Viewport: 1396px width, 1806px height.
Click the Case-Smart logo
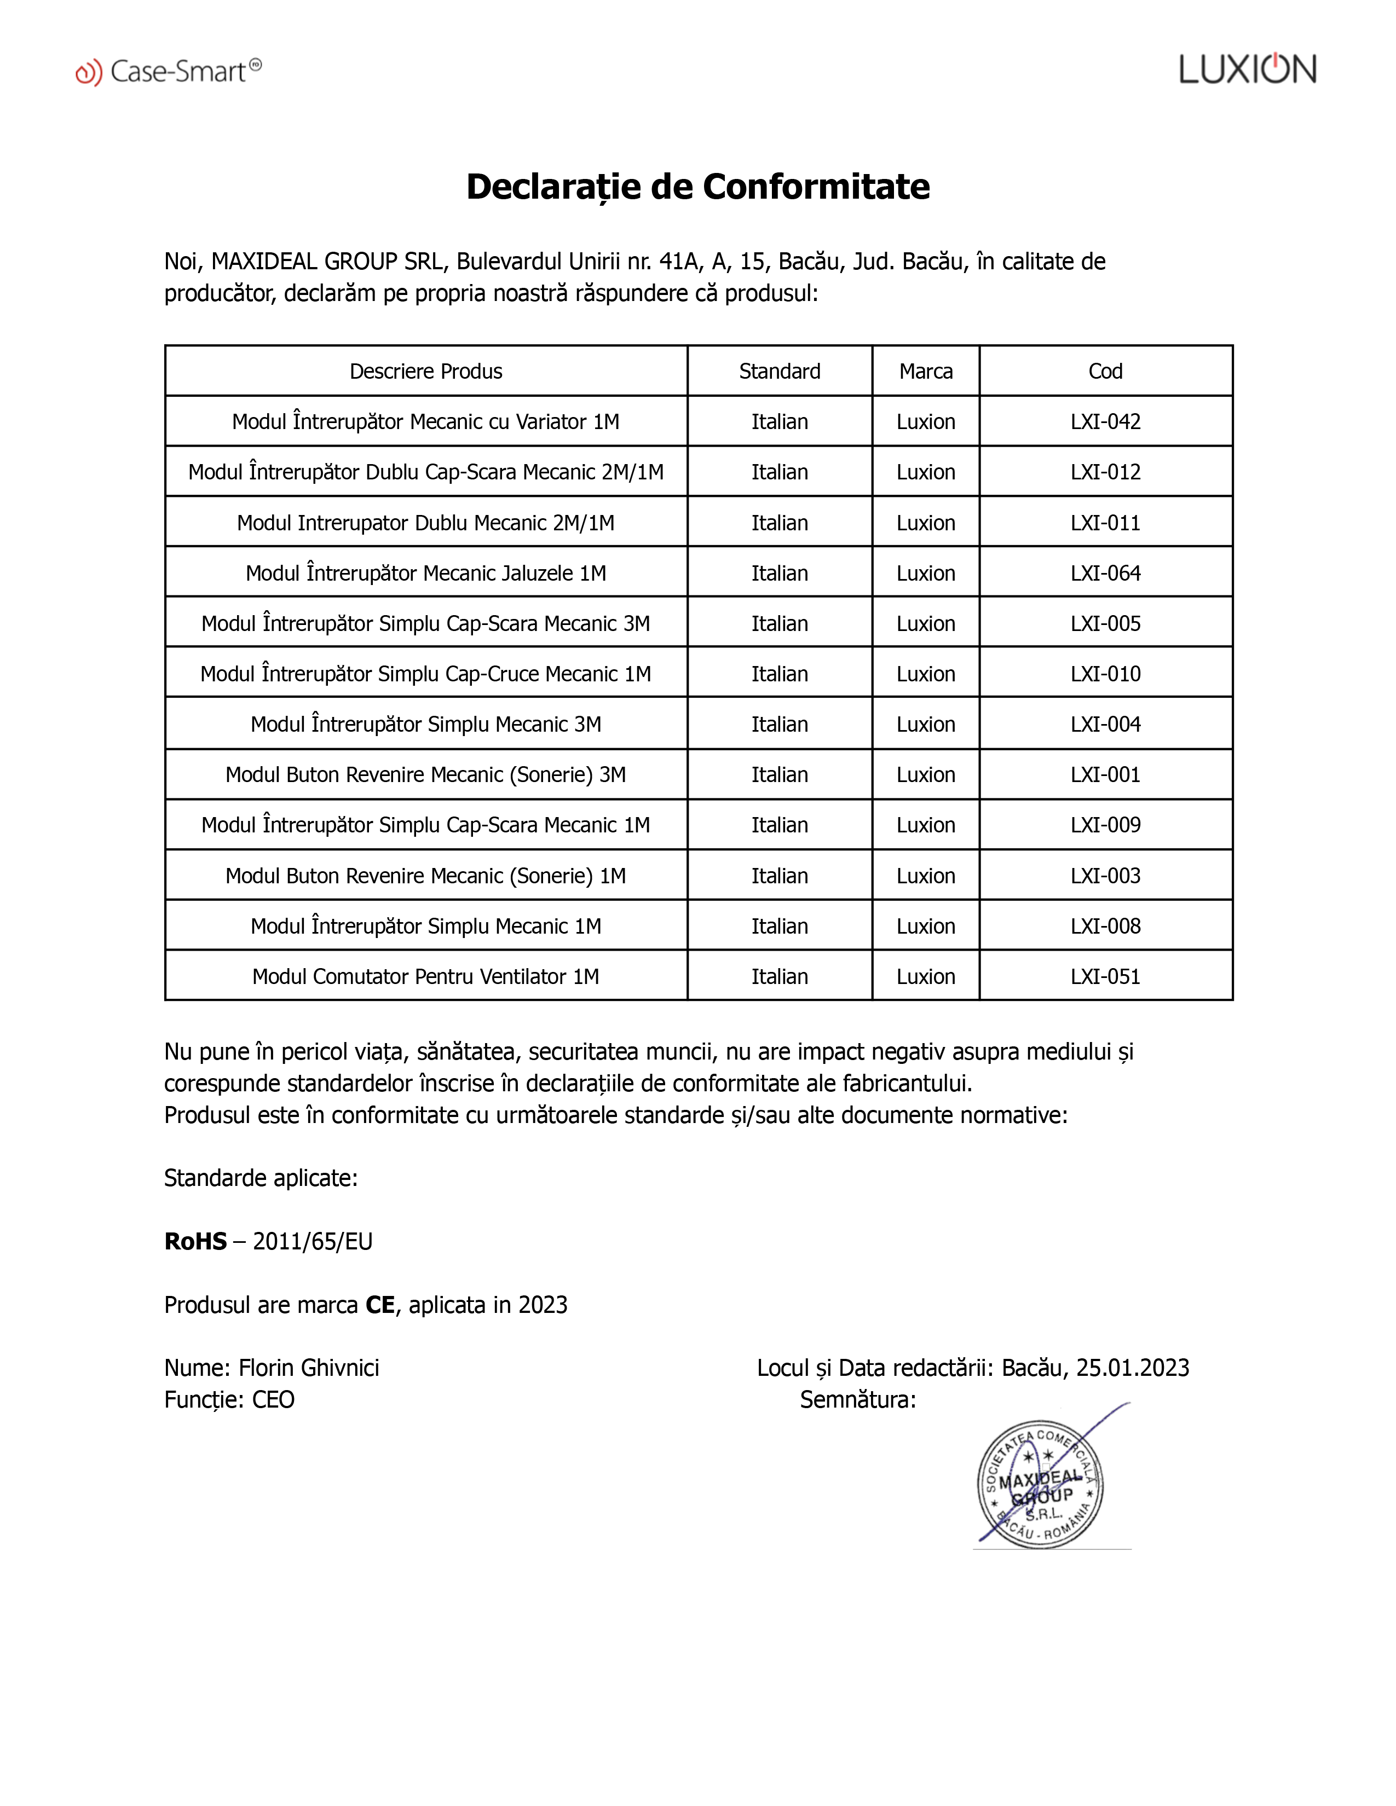169,72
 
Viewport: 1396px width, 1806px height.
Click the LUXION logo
1247,70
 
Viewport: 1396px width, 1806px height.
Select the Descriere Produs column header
426,371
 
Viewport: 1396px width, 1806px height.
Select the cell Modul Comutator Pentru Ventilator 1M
426,976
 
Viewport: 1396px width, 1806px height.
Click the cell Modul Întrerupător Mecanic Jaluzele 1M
426,573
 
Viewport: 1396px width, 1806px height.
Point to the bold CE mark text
380,1305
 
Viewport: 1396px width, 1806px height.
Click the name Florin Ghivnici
308,1368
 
